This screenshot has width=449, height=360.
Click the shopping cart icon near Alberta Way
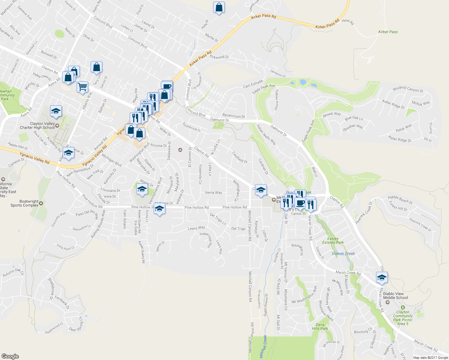pyautogui.click(x=82, y=87)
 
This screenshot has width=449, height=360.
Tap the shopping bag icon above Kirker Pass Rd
pyautogui.click(x=219, y=7)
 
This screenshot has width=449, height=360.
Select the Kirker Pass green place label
pyautogui.click(x=388, y=32)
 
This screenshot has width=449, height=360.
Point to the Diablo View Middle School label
pyautogui.click(x=395, y=296)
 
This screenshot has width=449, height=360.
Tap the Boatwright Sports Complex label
pyautogui.click(x=25, y=203)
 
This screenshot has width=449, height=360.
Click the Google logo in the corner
pyautogui.click(x=10, y=356)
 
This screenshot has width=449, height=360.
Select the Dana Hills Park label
pyautogui.click(x=320, y=327)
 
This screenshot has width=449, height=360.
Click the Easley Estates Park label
pyautogui.click(x=333, y=241)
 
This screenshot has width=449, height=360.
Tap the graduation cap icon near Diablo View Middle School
pyautogui.click(x=381, y=278)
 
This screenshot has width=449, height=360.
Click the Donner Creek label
pyautogui.click(x=343, y=253)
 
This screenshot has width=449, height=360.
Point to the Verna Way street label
pyautogui.click(x=213, y=193)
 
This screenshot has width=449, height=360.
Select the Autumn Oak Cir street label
pyautogui.click(x=13, y=273)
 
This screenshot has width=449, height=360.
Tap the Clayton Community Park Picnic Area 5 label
pyautogui.click(x=403, y=318)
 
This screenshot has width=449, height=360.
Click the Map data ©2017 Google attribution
pyautogui.click(x=430, y=358)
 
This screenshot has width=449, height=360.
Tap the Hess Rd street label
pyautogui.click(x=348, y=22)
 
